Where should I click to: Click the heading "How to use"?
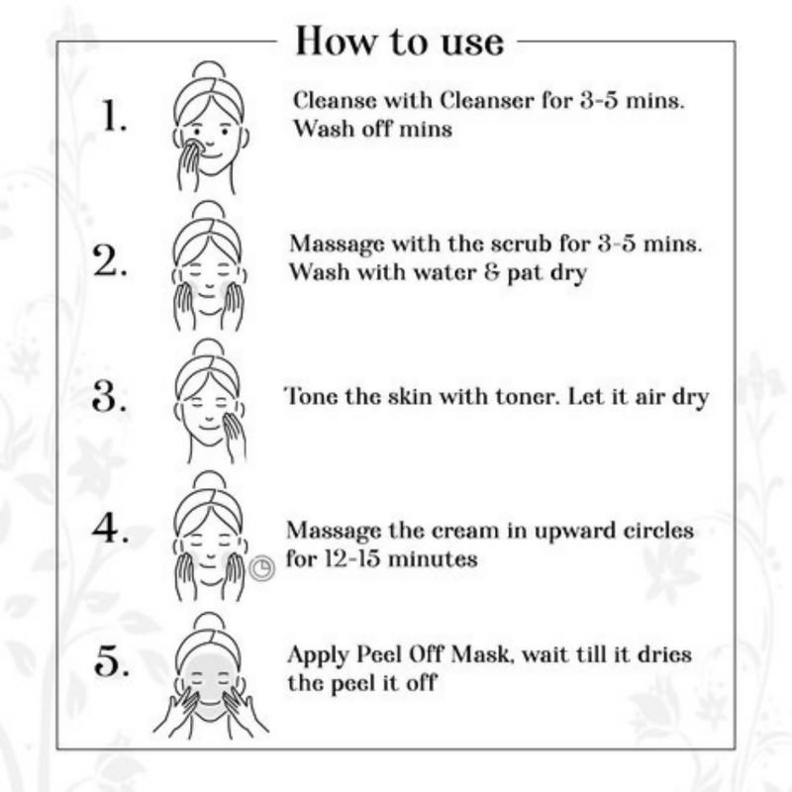coord(399,42)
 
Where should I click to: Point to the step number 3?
coord(108,399)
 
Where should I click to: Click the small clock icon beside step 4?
coord(261,568)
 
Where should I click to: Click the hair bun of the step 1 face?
coord(209,69)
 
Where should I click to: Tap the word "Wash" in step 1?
coord(321,130)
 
